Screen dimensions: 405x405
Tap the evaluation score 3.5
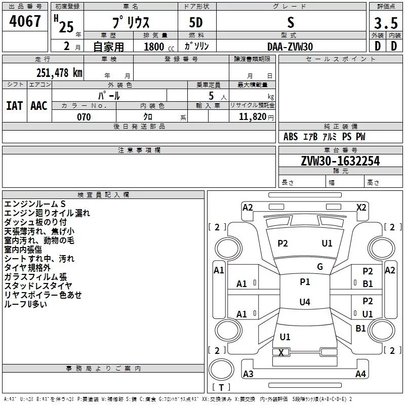click(x=386, y=23)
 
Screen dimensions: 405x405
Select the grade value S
click(x=290, y=23)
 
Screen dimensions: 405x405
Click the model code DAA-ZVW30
click(x=290, y=46)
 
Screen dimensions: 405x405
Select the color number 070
click(x=84, y=117)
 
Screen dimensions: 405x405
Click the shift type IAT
click(x=15, y=105)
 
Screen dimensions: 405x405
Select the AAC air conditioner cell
click(x=39, y=105)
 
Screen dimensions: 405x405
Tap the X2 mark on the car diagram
click(x=361, y=207)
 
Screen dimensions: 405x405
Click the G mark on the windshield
click(x=319, y=267)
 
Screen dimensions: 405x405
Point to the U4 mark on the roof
click(x=304, y=302)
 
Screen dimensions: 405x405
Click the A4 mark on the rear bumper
click(x=360, y=374)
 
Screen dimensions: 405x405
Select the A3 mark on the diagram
click(x=248, y=374)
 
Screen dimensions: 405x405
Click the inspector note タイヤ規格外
click(x=27, y=268)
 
